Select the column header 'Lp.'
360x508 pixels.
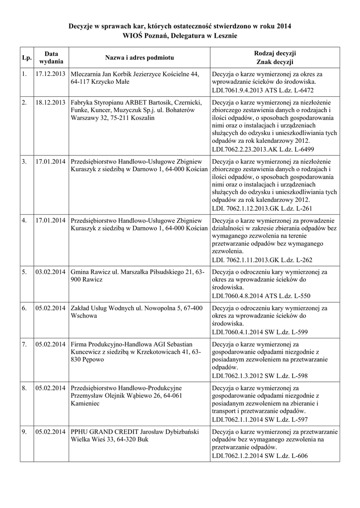(26, 58)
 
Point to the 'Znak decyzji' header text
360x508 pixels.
(275, 62)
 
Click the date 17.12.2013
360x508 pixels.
(51, 74)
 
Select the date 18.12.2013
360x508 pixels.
(51, 102)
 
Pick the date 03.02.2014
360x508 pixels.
(51, 272)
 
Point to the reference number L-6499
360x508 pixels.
(302, 149)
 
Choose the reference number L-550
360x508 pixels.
(299, 296)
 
